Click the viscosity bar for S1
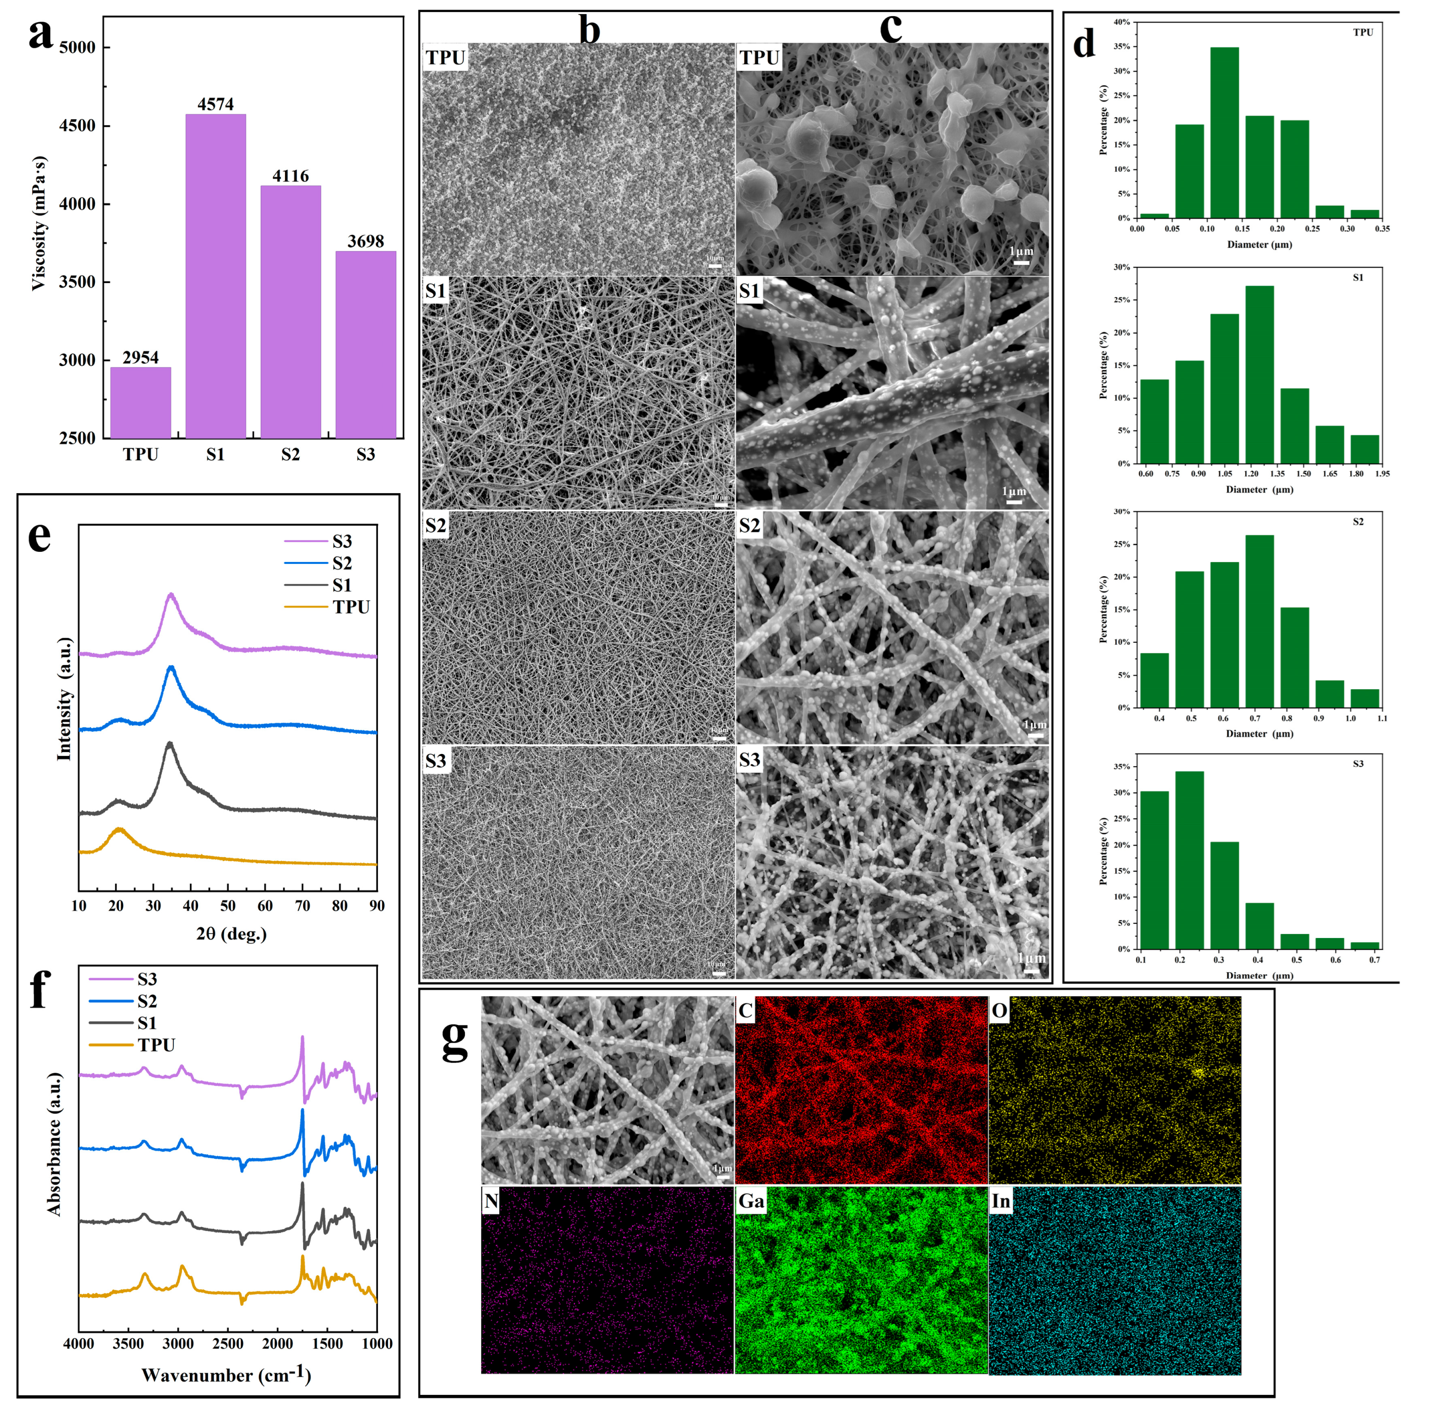point(215,275)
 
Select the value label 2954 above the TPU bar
point(140,358)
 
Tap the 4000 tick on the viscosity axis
point(77,204)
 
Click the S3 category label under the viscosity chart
point(365,454)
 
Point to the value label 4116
point(291,176)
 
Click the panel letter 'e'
point(39,536)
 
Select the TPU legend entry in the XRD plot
point(351,606)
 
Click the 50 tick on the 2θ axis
point(228,906)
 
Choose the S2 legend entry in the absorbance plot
point(147,1001)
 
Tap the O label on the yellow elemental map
point(999,1011)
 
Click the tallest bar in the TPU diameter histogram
point(1224,133)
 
